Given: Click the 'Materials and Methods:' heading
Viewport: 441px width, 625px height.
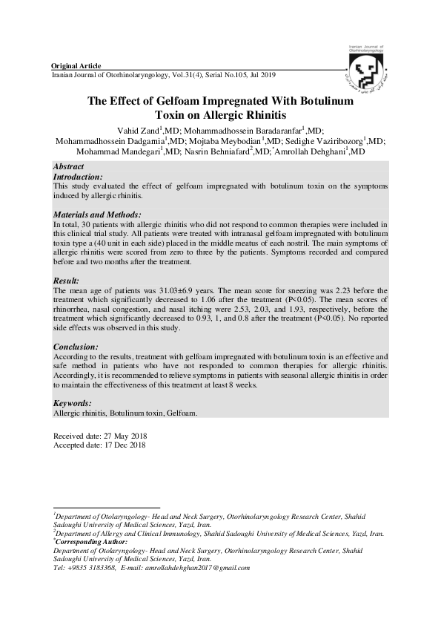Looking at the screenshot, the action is pyautogui.click(x=98, y=215).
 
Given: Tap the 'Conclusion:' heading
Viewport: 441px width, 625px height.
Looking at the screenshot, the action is pyautogui.click(x=76, y=347).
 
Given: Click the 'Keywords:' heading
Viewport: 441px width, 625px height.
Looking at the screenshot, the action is pyautogui.click(x=73, y=403).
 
